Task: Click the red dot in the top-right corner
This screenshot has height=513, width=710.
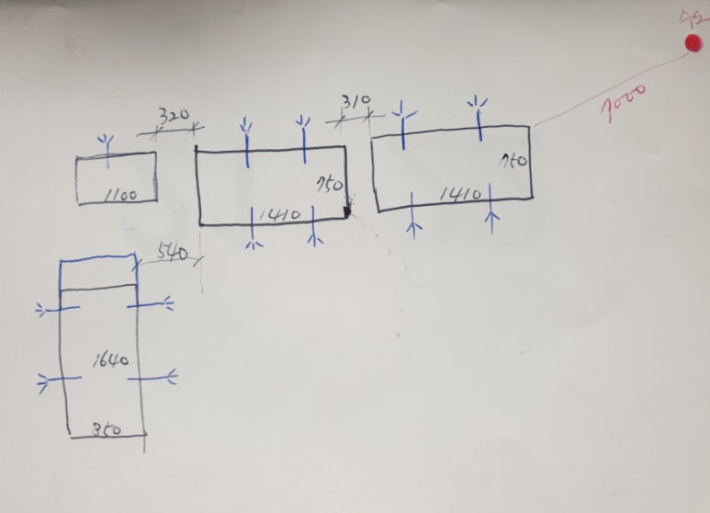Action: coord(693,42)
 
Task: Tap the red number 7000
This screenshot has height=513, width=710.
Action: coord(624,100)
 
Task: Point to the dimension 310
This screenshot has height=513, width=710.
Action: coord(355,99)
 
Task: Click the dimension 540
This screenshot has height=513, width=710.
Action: coord(173,251)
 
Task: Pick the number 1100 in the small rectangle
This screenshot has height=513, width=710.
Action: coord(121,194)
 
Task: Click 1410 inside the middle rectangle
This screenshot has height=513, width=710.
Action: coord(280,215)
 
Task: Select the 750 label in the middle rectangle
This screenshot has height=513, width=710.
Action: coord(330,184)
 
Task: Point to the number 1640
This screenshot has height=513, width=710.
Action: coord(110,359)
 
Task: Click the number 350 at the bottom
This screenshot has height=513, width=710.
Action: coord(107,428)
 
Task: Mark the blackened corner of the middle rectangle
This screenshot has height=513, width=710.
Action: coord(346,214)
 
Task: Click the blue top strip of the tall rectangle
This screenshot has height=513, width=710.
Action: coord(97,274)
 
